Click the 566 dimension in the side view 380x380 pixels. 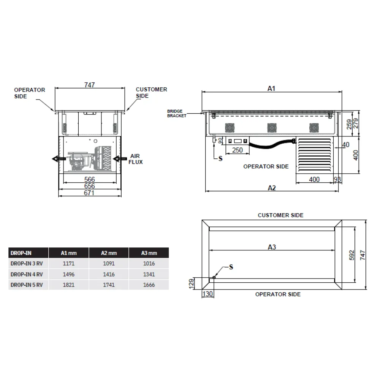pos(89,179)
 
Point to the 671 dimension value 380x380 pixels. pos(89,193)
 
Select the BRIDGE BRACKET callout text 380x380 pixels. pos(177,113)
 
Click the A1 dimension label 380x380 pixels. pos(271,88)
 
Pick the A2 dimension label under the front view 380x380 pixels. pos(272,187)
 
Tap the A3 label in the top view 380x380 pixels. pos(272,247)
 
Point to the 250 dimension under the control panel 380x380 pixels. pos(237,150)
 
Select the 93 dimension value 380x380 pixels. pos(337,179)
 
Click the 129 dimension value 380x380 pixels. pos(192,283)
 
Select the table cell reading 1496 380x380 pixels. pos(69,274)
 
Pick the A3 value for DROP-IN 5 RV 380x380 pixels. pos(149,285)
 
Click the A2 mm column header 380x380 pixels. pos(109,253)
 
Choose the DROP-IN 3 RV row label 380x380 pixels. pos(27,264)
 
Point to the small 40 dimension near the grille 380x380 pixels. pos(345,145)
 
